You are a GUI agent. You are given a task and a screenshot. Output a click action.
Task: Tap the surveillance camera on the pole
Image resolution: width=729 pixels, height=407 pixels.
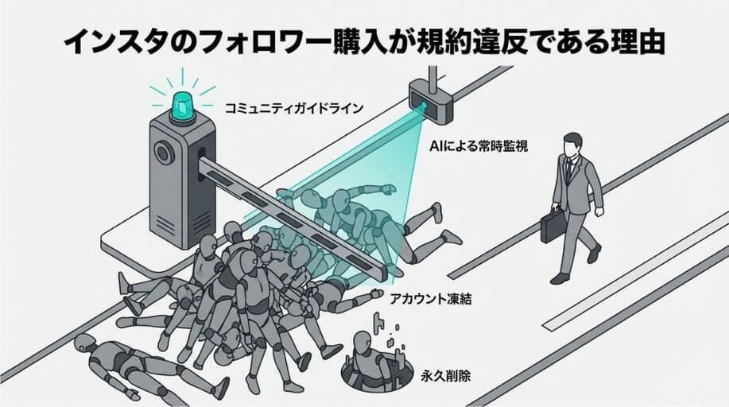[430, 99]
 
